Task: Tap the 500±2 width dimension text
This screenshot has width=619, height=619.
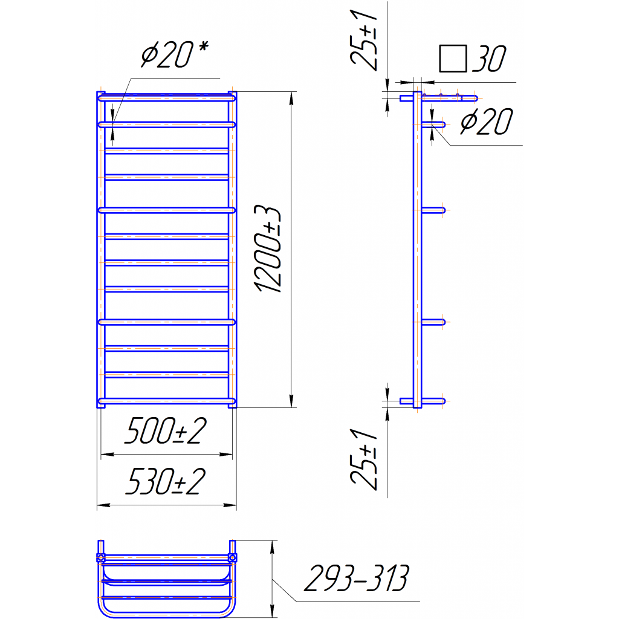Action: point(166,430)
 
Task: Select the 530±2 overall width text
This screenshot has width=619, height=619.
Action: point(166,481)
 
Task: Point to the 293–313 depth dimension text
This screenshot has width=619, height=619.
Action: point(357,578)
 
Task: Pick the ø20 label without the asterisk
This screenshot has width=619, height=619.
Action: point(487,122)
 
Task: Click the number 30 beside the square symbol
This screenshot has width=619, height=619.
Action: point(489,59)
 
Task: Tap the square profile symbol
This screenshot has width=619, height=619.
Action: point(453,59)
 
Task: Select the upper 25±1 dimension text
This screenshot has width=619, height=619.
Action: point(364,41)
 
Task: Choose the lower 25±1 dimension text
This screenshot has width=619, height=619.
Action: point(364,459)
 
